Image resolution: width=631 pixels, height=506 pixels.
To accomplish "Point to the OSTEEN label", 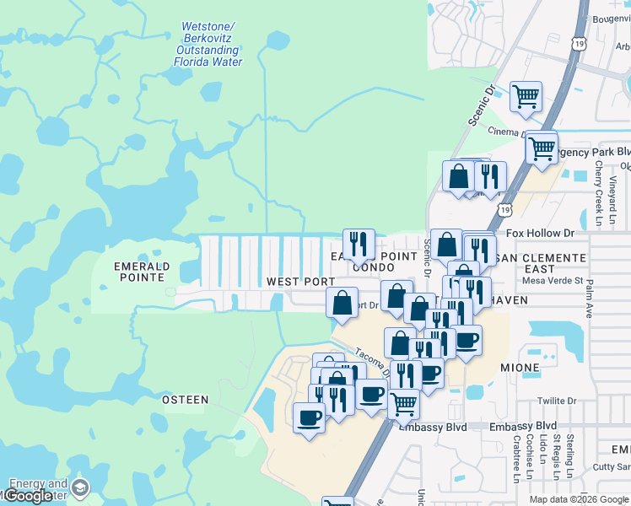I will pyautogui.click(x=185, y=400).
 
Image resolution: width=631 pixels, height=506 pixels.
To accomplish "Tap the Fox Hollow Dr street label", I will pyautogui.click(x=540, y=234).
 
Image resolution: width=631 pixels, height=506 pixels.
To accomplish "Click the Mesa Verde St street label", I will pyautogui.click(x=553, y=281).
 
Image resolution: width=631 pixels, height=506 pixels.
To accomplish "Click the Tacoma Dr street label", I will pyautogui.click(x=370, y=363).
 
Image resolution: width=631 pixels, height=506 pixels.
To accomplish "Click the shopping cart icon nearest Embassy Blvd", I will pyautogui.click(x=404, y=403).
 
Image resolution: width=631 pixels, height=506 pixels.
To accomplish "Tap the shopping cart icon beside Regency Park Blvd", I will pyautogui.click(x=542, y=148).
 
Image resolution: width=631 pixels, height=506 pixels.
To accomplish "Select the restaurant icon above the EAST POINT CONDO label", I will pyautogui.click(x=359, y=244).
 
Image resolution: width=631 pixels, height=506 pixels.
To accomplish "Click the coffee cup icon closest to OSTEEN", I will pyautogui.click(x=309, y=417).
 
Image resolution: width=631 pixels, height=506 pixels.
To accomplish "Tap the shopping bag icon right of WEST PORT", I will pyautogui.click(x=342, y=302).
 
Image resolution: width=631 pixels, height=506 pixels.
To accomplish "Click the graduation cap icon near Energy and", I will pyautogui.click(x=80, y=488).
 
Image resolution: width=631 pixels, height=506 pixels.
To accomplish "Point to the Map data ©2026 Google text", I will pyautogui.click(x=579, y=499).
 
